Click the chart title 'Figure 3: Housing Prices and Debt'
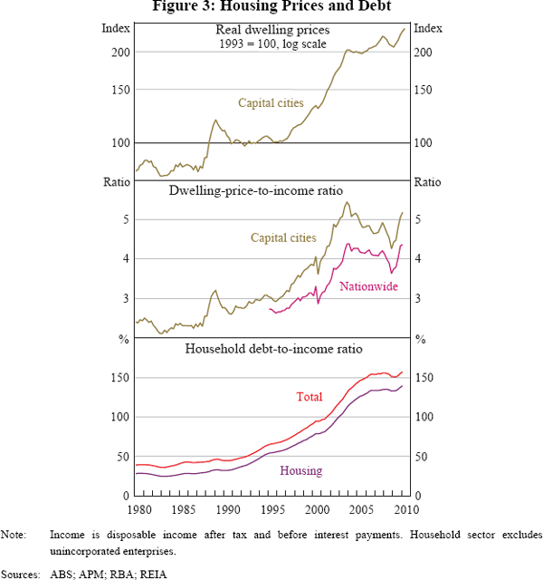pos(271,7)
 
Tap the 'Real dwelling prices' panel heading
pos(271,31)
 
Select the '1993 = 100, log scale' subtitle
pos(271,43)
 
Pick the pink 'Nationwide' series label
pos(367,286)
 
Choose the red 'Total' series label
pos(310,397)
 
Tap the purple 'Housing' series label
pos(301,470)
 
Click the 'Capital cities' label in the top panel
pos(271,103)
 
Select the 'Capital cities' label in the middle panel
pos(281,237)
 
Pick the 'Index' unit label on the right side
pos(427,29)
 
